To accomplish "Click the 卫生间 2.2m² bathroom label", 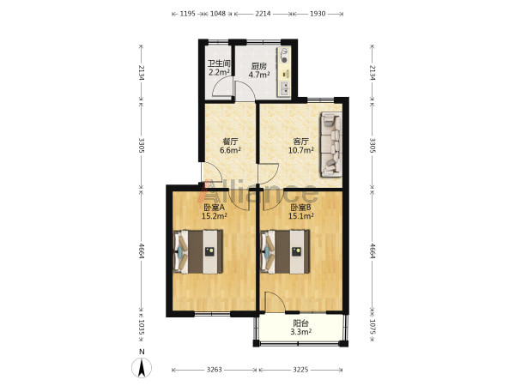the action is (219, 68).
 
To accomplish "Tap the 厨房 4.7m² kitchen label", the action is (259, 70).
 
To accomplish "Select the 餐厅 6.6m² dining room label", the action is (230, 146).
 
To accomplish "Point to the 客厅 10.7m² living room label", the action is (300, 146).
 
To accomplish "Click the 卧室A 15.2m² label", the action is (214, 212).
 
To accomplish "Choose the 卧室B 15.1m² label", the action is (301, 212).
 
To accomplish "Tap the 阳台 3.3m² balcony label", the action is (301, 328).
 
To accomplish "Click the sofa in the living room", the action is (331, 144).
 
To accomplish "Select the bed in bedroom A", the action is (197, 251).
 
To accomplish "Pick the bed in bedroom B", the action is (285, 251).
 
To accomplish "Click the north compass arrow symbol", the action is (142, 368).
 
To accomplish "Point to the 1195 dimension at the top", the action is (187, 14).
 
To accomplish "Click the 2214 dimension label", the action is (263, 14).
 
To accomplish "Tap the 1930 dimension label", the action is (318, 14).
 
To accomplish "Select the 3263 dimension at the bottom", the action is (214, 370).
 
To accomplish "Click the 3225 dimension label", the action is (300, 370).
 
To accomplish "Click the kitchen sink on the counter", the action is (284, 88).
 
